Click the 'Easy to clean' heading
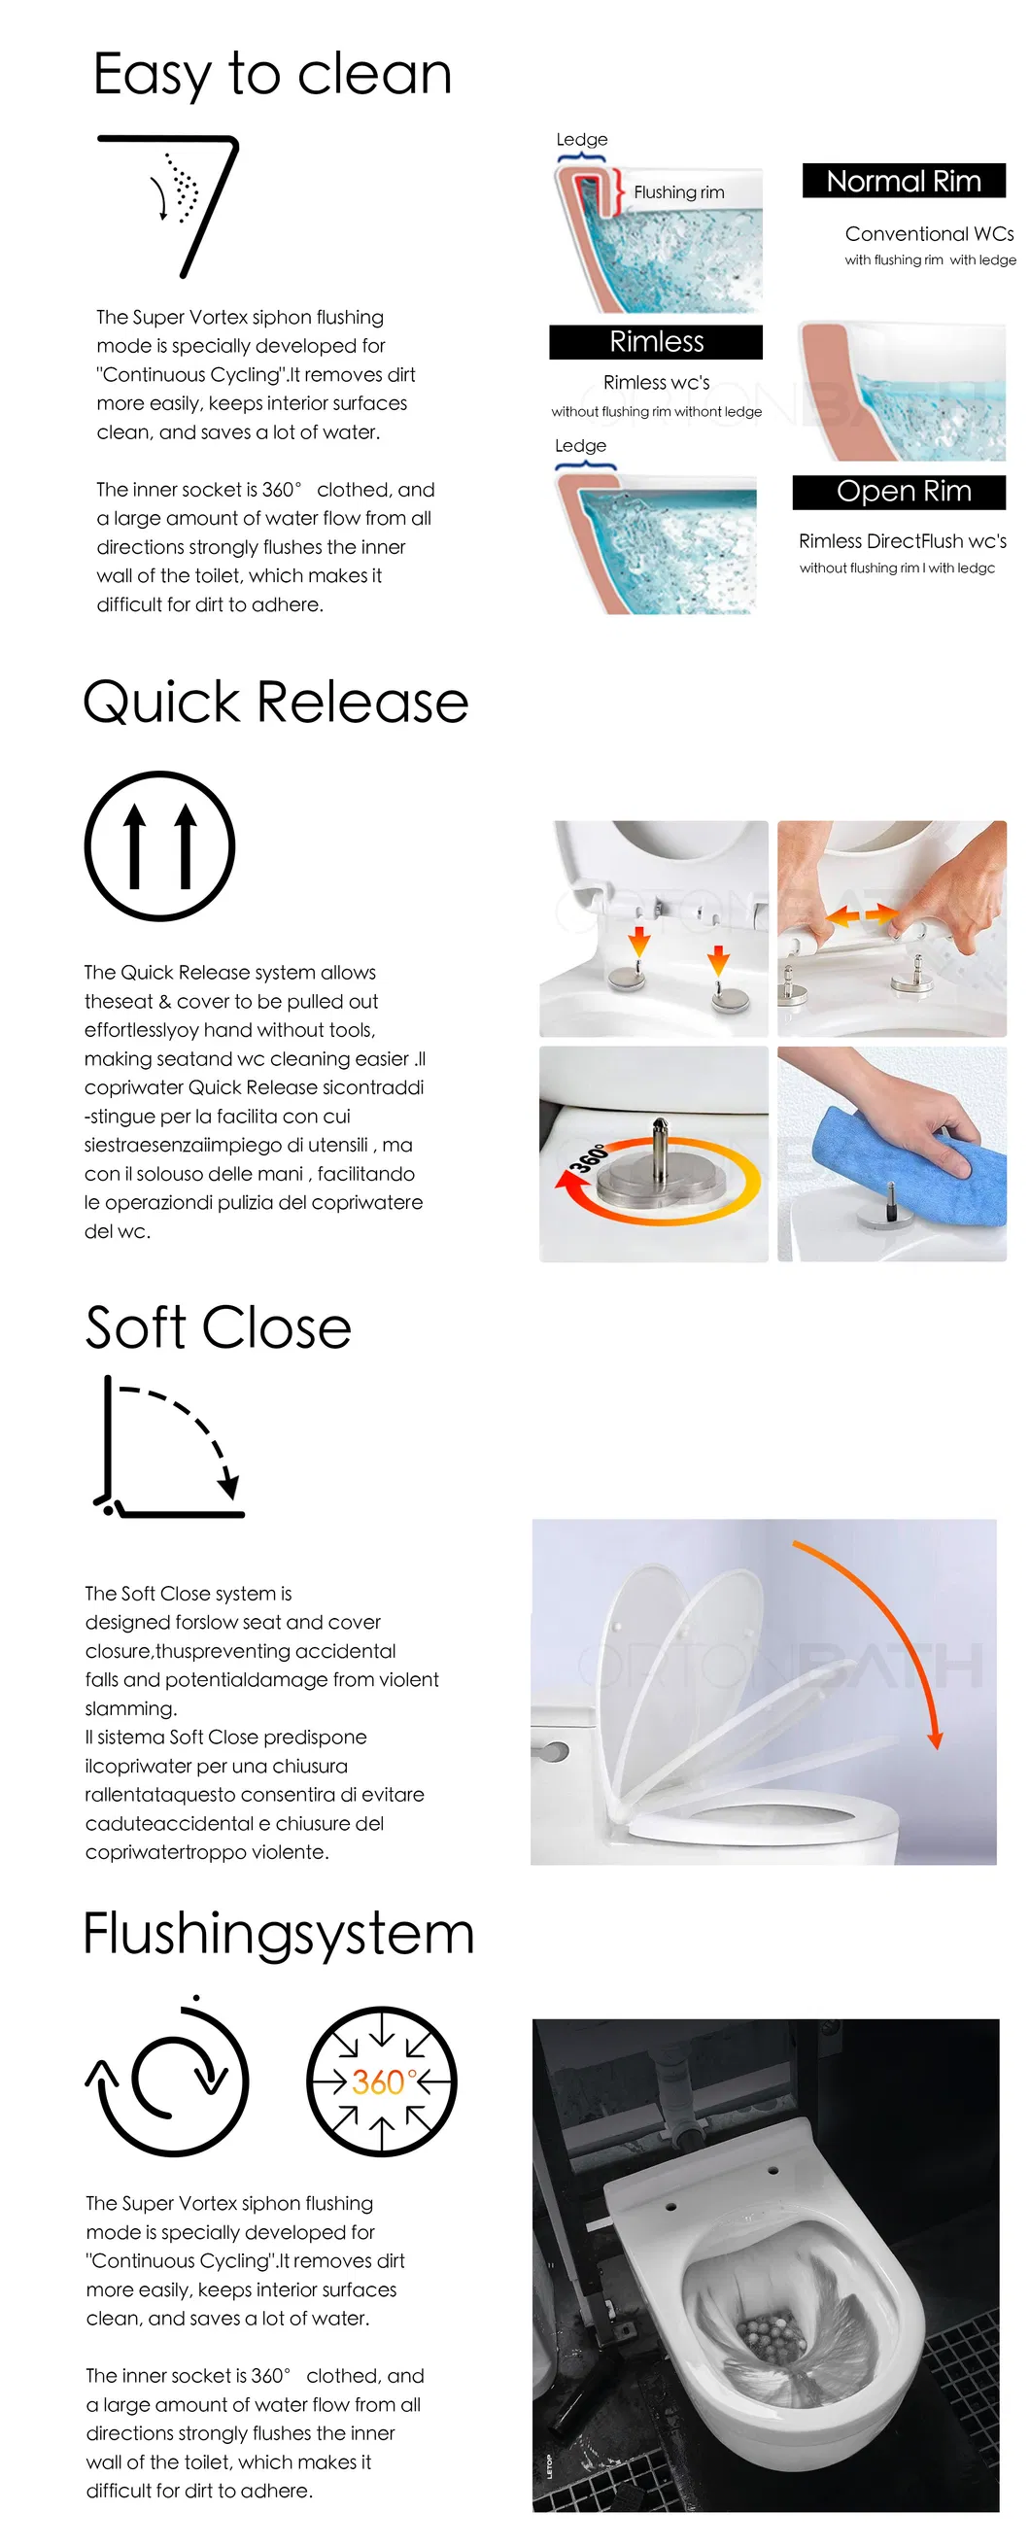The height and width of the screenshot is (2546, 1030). (272, 75)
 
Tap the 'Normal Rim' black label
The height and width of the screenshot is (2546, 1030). (904, 181)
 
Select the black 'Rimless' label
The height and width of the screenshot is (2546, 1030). (656, 342)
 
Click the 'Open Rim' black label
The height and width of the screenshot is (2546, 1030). (900, 493)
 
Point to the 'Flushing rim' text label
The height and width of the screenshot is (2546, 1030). (679, 192)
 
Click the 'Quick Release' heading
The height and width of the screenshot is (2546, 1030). (276, 703)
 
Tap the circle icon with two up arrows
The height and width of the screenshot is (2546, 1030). (160, 846)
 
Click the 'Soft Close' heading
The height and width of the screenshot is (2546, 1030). (219, 1327)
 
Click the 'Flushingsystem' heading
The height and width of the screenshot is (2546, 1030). (279, 1934)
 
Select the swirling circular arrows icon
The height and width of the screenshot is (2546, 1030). (167, 2077)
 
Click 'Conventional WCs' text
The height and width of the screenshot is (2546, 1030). (929, 234)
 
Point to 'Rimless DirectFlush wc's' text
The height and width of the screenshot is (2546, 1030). (903, 541)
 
